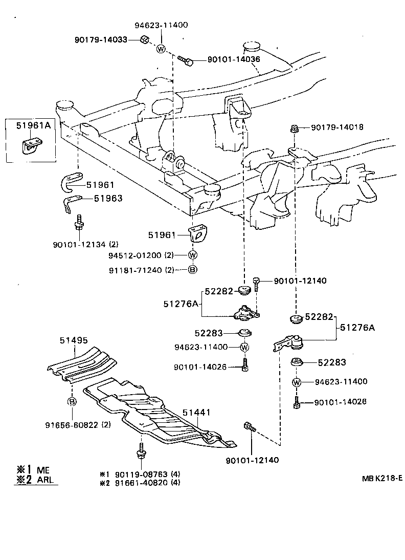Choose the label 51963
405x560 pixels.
tap(108, 198)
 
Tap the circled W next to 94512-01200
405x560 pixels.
tap(193, 255)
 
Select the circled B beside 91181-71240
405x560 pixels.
tap(193, 269)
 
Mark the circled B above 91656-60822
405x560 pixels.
tap(72, 402)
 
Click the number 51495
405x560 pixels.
tap(73, 339)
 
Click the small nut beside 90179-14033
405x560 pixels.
tap(145, 40)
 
